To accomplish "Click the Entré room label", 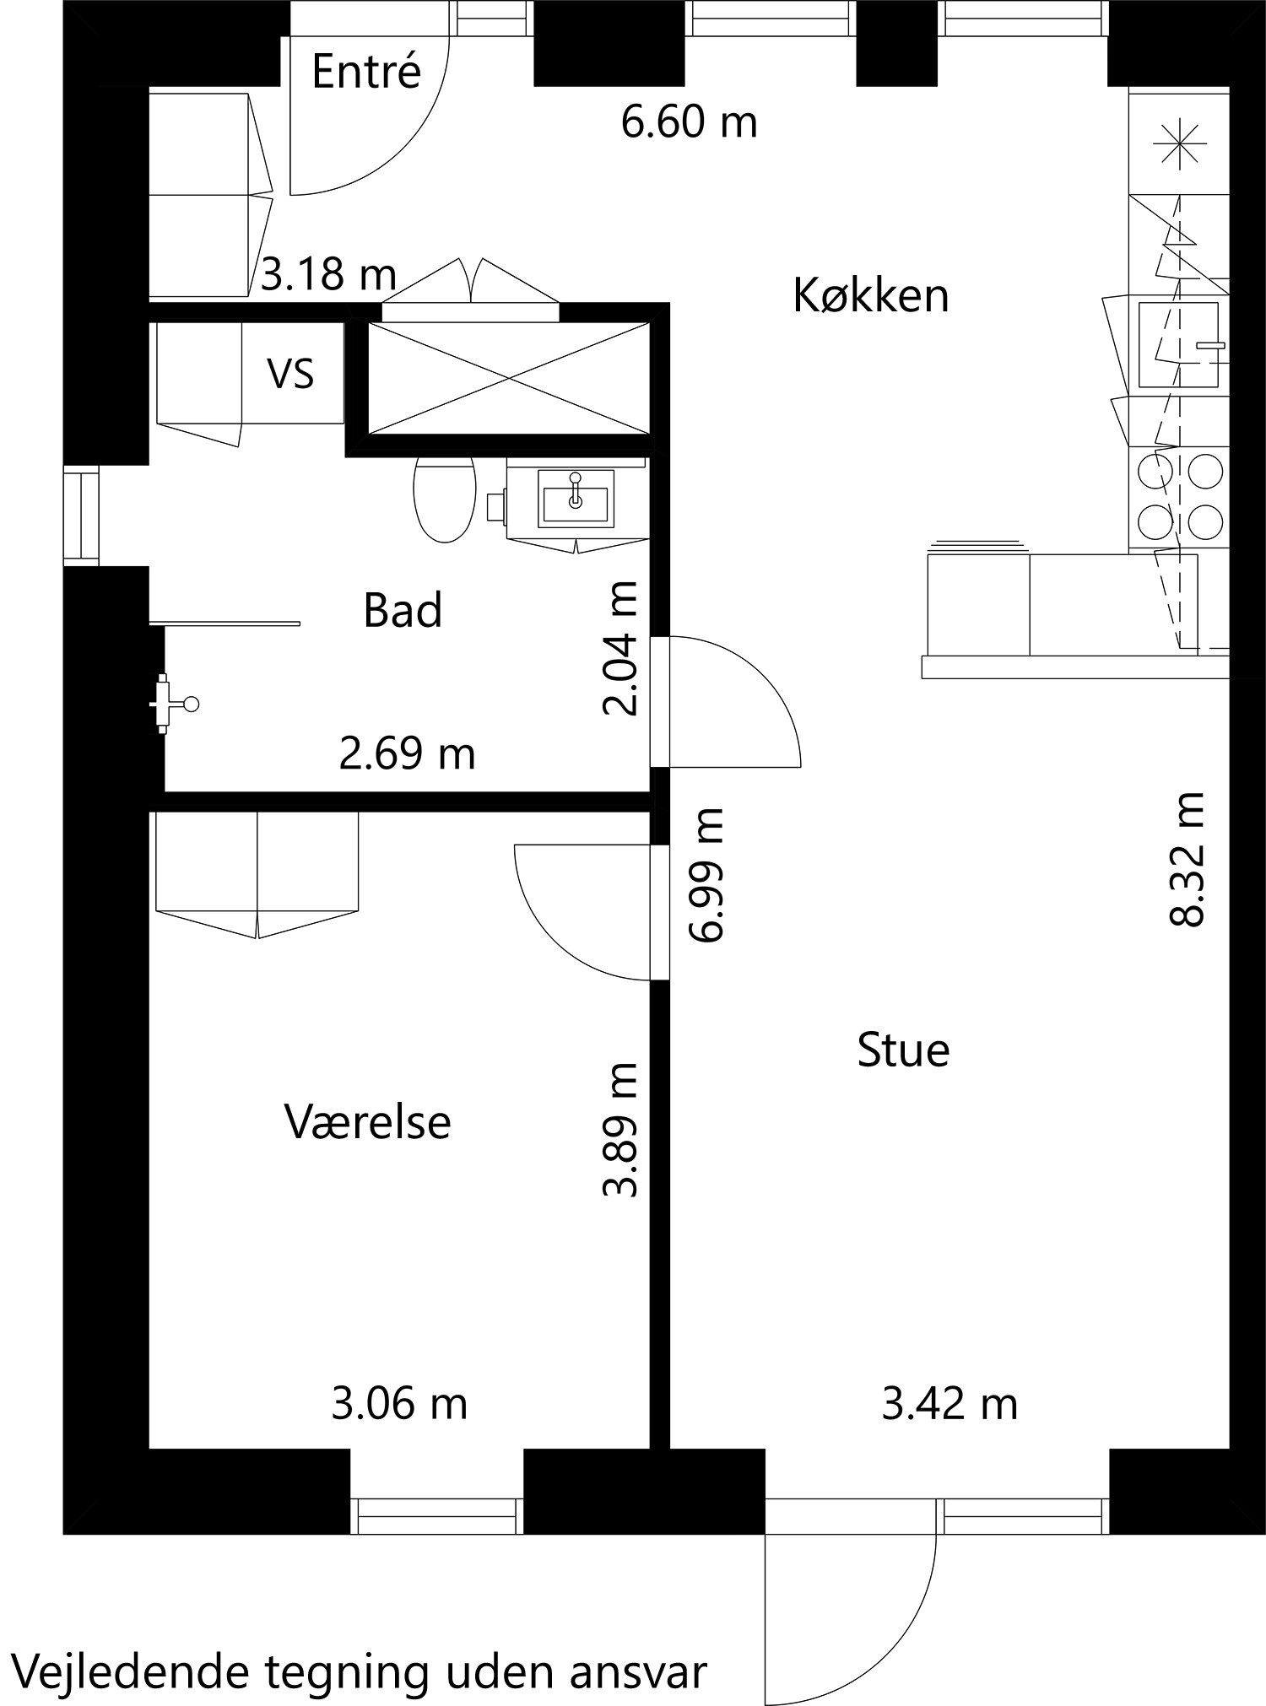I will pyautogui.click(x=365, y=71).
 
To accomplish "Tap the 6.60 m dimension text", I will pyautogui.click(x=689, y=122).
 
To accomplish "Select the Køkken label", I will pyautogui.click(x=871, y=296).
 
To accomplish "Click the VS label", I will pyautogui.click(x=291, y=373).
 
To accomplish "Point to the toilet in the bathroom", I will pyautogui.click(x=444, y=500).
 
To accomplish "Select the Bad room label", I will pyautogui.click(x=402, y=610).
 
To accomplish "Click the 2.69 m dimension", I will pyautogui.click(x=407, y=753).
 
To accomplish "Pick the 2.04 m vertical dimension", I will pyautogui.click(x=621, y=648).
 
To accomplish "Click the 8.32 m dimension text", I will pyautogui.click(x=1187, y=859).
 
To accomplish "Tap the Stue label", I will pyautogui.click(x=903, y=1050).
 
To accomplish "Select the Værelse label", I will pyautogui.click(x=367, y=1122).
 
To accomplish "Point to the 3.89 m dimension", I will pyautogui.click(x=621, y=1130).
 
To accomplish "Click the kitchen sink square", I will pyautogui.click(x=1178, y=345).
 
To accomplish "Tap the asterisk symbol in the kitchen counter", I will pyautogui.click(x=1178, y=143).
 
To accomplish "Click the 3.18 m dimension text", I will pyautogui.click(x=327, y=275).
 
